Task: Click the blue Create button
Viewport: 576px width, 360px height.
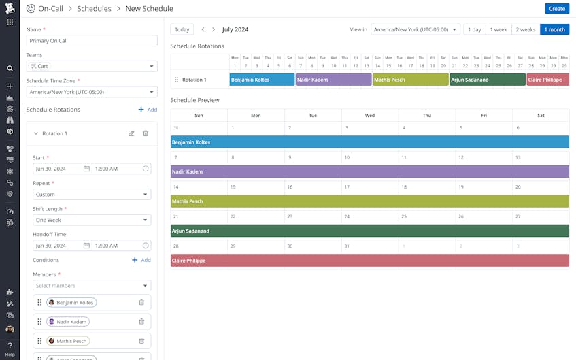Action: click(556, 9)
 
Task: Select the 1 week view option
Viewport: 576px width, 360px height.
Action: click(498, 30)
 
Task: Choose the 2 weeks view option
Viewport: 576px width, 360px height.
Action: click(525, 30)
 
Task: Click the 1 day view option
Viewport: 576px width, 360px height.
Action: click(475, 30)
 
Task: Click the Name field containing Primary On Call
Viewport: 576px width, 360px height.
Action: click(92, 41)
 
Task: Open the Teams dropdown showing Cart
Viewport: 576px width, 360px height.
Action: click(92, 66)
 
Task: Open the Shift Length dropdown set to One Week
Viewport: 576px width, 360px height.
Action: click(92, 220)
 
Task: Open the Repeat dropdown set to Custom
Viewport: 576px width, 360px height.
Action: click(92, 195)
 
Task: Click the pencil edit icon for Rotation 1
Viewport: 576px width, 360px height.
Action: click(131, 134)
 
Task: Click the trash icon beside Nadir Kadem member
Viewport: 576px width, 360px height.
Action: click(141, 322)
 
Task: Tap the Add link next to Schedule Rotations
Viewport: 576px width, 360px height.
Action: click(148, 110)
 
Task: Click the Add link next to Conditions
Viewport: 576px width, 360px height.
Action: click(141, 260)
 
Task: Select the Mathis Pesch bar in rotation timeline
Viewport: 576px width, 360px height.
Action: click(410, 80)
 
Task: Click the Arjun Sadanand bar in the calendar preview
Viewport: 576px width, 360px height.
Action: click(369, 231)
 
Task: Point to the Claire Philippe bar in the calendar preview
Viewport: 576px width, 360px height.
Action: click(369, 261)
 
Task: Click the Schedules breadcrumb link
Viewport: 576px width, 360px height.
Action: click(94, 9)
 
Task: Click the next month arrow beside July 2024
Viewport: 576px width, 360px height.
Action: click(214, 30)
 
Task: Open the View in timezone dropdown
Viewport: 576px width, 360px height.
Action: click(415, 30)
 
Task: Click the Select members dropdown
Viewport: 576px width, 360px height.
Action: click(92, 286)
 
